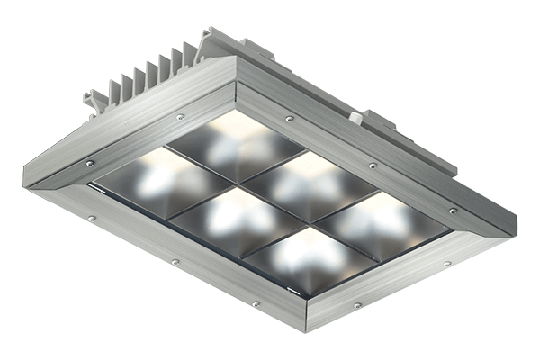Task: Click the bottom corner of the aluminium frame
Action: pyautogui.click(x=306, y=329)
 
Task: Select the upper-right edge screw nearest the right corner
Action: pyautogui.click(x=453, y=211)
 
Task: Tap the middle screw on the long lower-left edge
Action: pyautogui.click(x=175, y=261)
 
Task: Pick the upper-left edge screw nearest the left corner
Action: pyautogui.click(x=90, y=163)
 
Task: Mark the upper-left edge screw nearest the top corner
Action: pyautogui.click(x=180, y=117)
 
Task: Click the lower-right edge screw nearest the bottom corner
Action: pyautogui.click(x=357, y=306)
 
